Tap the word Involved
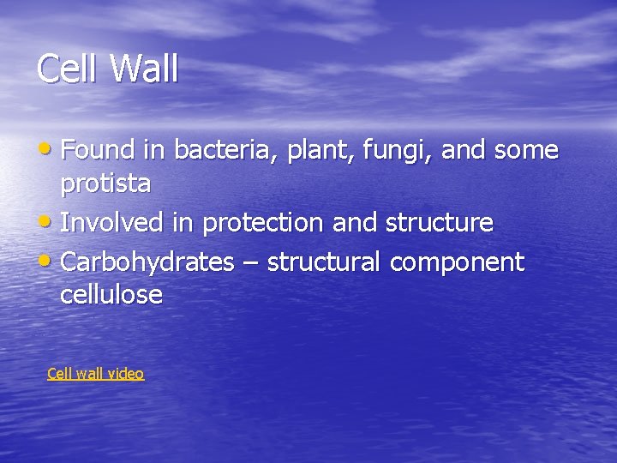pyautogui.click(x=112, y=223)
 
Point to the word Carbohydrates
pyautogui.click(x=147, y=262)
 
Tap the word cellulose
pyautogui.click(x=111, y=295)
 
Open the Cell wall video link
pyautogui.click(x=95, y=374)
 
